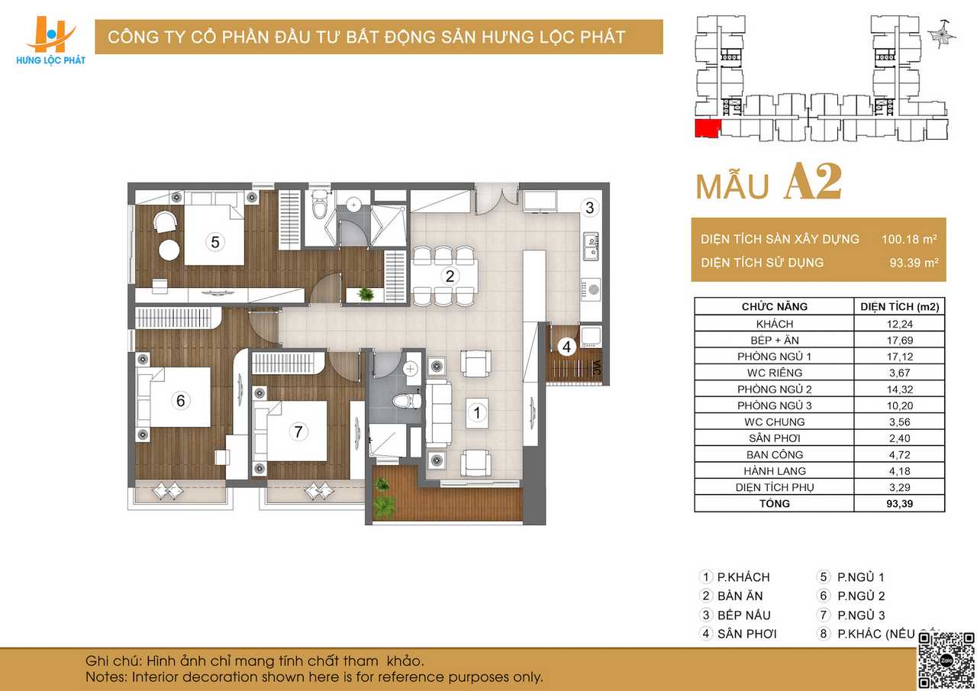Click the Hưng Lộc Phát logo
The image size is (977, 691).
pyautogui.click(x=50, y=41)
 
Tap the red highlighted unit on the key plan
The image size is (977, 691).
pyautogui.click(x=708, y=128)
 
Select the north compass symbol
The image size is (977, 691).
pyautogui.click(x=942, y=34)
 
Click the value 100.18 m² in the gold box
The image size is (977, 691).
pyautogui.click(x=909, y=239)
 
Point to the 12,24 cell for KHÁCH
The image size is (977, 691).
pyautogui.click(x=899, y=325)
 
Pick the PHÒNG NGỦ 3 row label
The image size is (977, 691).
pyautogui.click(x=774, y=405)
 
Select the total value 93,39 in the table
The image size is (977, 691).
pyautogui.click(x=899, y=504)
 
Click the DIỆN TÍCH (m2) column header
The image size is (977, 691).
pyautogui.click(x=899, y=307)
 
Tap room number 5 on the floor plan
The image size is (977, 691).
pyautogui.click(x=215, y=242)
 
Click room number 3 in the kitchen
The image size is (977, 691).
pyautogui.click(x=590, y=208)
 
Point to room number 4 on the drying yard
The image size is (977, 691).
pyautogui.click(x=566, y=347)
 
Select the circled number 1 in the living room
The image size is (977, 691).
pyautogui.click(x=477, y=412)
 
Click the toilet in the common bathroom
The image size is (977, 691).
pyautogui.click(x=407, y=400)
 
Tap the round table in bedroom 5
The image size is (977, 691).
pyautogui.click(x=169, y=250)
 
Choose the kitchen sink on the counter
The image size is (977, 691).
pyautogui.click(x=591, y=246)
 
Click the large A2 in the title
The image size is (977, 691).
pyautogui.click(x=813, y=182)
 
